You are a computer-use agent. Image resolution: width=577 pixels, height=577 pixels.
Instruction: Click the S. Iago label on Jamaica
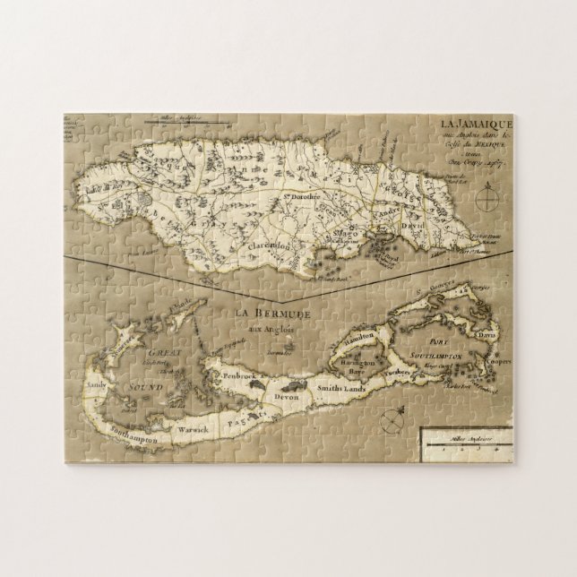point(340,232)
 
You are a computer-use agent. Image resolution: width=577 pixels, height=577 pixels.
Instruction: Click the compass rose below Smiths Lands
point(394,417)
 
